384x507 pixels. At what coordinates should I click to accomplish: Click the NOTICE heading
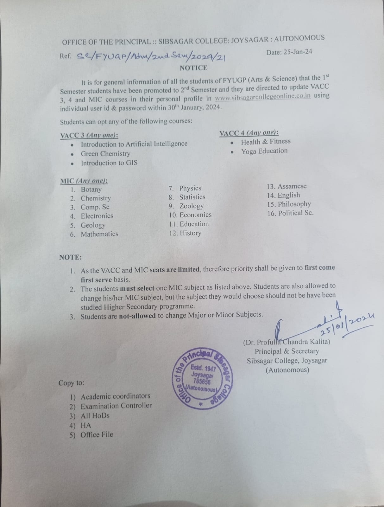(x=193, y=68)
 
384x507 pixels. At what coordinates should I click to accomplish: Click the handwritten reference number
(x=151, y=56)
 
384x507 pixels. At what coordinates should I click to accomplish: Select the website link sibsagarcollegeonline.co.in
(x=262, y=97)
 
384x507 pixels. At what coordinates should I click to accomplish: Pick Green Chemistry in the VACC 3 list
(x=105, y=154)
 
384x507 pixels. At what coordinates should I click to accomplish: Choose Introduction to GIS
(x=109, y=163)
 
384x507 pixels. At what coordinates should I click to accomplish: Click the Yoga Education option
(x=264, y=151)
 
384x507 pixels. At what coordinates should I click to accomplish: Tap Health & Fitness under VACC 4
(x=266, y=142)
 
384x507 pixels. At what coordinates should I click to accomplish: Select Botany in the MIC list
(x=91, y=189)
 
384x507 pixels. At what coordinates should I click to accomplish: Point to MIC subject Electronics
(x=97, y=216)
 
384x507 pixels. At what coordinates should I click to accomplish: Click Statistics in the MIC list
(x=192, y=197)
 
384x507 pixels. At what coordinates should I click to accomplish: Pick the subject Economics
(x=195, y=215)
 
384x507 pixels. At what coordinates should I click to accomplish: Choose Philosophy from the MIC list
(x=294, y=204)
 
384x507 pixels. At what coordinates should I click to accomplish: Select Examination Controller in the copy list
(x=116, y=406)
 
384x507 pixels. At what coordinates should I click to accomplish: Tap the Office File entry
(x=97, y=434)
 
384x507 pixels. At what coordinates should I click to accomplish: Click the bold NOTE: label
(x=70, y=257)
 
